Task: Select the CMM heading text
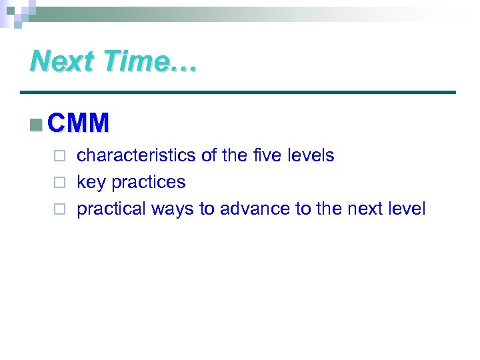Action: click(x=79, y=123)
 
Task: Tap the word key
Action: click(x=91, y=183)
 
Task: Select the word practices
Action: click(x=148, y=183)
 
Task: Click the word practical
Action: click(x=111, y=209)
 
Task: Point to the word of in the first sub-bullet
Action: click(x=209, y=156)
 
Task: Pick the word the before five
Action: click(x=235, y=156)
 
